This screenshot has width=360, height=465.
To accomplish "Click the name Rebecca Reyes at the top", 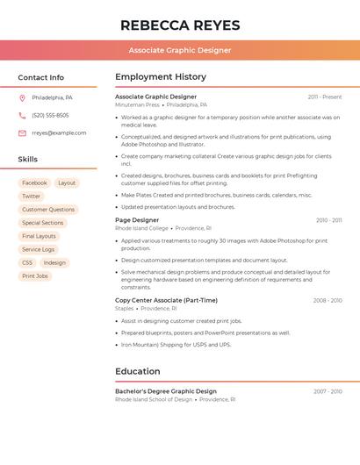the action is click(180, 25).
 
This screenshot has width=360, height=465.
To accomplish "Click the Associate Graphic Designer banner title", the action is click(180, 50).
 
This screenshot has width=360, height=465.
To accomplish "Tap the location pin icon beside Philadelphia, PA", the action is click(22, 97).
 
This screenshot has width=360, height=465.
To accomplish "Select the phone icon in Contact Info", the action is click(22, 115).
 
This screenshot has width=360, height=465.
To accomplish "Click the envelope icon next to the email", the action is click(22, 132).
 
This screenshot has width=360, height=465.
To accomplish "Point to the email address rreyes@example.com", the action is click(59, 132).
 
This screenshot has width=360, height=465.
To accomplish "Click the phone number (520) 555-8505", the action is click(50, 115).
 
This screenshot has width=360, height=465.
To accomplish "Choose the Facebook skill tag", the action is click(35, 183).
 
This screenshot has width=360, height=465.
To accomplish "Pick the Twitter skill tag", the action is click(32, 197).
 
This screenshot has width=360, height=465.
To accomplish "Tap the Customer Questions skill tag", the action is click(48, 210).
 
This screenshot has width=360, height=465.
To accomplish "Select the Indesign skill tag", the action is click(54, 262).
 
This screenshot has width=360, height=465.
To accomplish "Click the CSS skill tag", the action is click(27, 262).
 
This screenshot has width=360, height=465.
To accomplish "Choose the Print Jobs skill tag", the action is click(35, 275).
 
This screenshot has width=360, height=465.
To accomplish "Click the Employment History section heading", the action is click(161, 77).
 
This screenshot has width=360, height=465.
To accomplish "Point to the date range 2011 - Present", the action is click(324, 97).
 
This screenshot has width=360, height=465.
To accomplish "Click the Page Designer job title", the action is click(137, 220).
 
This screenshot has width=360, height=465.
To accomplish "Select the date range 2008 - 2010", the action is click(327, 300).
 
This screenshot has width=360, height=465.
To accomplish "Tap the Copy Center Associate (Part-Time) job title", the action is click(166, 300).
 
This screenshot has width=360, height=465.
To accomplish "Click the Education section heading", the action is click(138, 371).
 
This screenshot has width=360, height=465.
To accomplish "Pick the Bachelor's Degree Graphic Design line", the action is click(166, 391).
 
